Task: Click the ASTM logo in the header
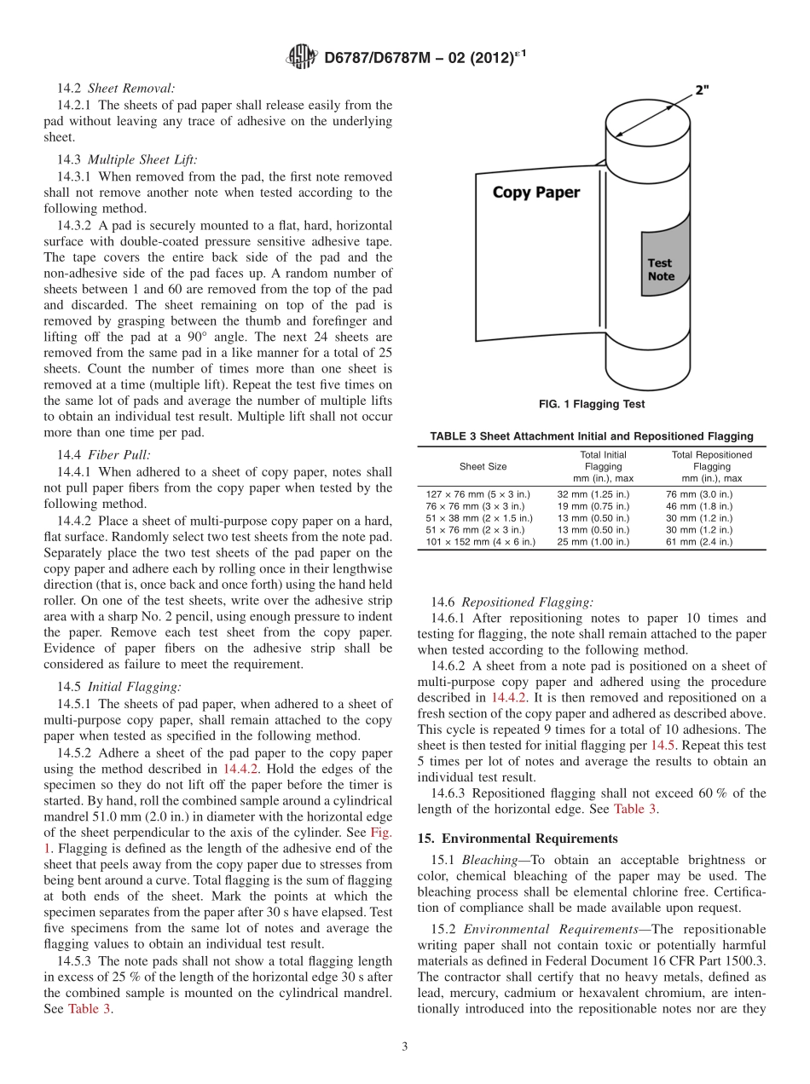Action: click(301, 58)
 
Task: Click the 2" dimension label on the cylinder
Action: click(701, 89)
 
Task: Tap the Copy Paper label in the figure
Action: click(535, 193)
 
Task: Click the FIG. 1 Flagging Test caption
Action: click(591, 404)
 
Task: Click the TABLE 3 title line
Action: click(591, 436)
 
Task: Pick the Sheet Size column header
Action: click(483, 467)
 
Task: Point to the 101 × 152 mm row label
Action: click(481, 542)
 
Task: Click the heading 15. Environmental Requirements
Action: click(518, 839)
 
